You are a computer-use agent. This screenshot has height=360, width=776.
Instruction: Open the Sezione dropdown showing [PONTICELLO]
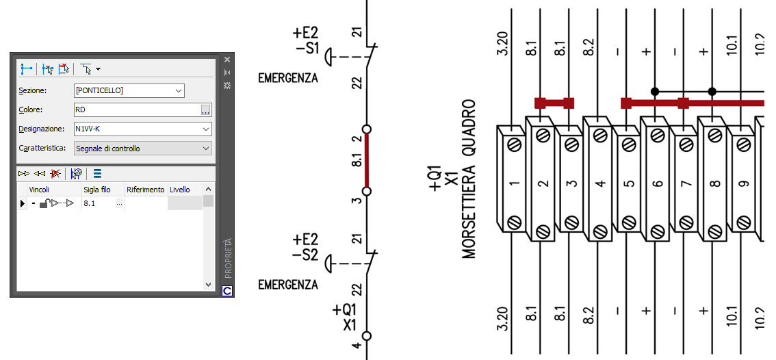(x=129, y=90)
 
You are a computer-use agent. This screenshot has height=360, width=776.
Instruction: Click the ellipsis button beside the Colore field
(x=206, y=110)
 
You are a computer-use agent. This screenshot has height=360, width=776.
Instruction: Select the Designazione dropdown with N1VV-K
(x=142, y=129)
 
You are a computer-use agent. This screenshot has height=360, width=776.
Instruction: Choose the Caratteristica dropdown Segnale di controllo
(x=142, y=148)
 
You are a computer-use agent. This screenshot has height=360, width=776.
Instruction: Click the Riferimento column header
(x=145, y=190)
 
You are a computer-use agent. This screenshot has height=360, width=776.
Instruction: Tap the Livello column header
(x=180, y=190)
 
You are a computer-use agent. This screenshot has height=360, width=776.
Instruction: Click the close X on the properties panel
(x=227, y=60)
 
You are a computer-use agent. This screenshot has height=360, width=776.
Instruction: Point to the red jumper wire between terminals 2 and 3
(x=367, y=160)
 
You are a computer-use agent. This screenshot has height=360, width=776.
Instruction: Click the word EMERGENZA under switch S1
(x=288, y=78)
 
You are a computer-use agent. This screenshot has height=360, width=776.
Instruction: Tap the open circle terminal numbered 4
(x=367, y=336)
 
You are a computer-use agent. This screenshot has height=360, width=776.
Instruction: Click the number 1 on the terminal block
(x=515, y=183)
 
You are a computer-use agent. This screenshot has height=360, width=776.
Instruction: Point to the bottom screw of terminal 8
(x=715, y=231)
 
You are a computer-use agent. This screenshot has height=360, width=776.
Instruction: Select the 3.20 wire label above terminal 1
(x=502, y=43)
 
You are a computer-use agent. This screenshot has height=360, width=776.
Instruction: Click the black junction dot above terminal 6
(x=655, y=92)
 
